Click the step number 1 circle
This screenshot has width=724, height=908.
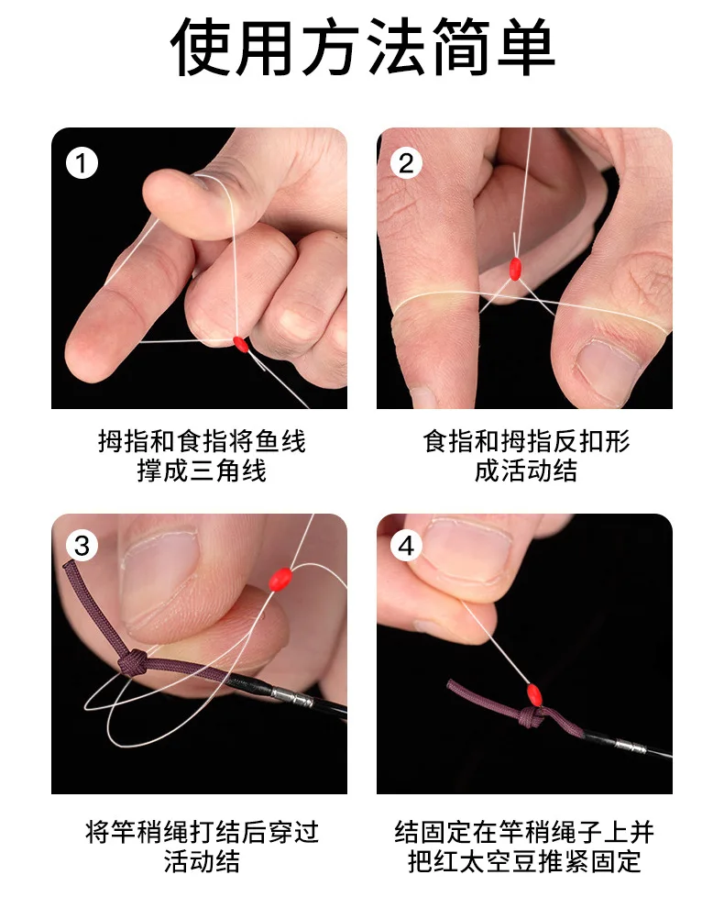coord(82,163)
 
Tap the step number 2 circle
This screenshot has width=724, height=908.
coord(406,163)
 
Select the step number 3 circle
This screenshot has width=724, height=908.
coord(82,546)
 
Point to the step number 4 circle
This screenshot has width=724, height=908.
coord(406,546)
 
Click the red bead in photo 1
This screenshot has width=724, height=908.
coord(241,344)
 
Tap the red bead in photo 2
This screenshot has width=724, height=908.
coord(515,269)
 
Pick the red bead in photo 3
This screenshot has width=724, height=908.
coord(280,579)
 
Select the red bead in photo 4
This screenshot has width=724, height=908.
coord(533,693)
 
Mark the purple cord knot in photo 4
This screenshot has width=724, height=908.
coord(530,719)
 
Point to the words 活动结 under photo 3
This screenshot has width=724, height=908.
coord(202,861)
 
